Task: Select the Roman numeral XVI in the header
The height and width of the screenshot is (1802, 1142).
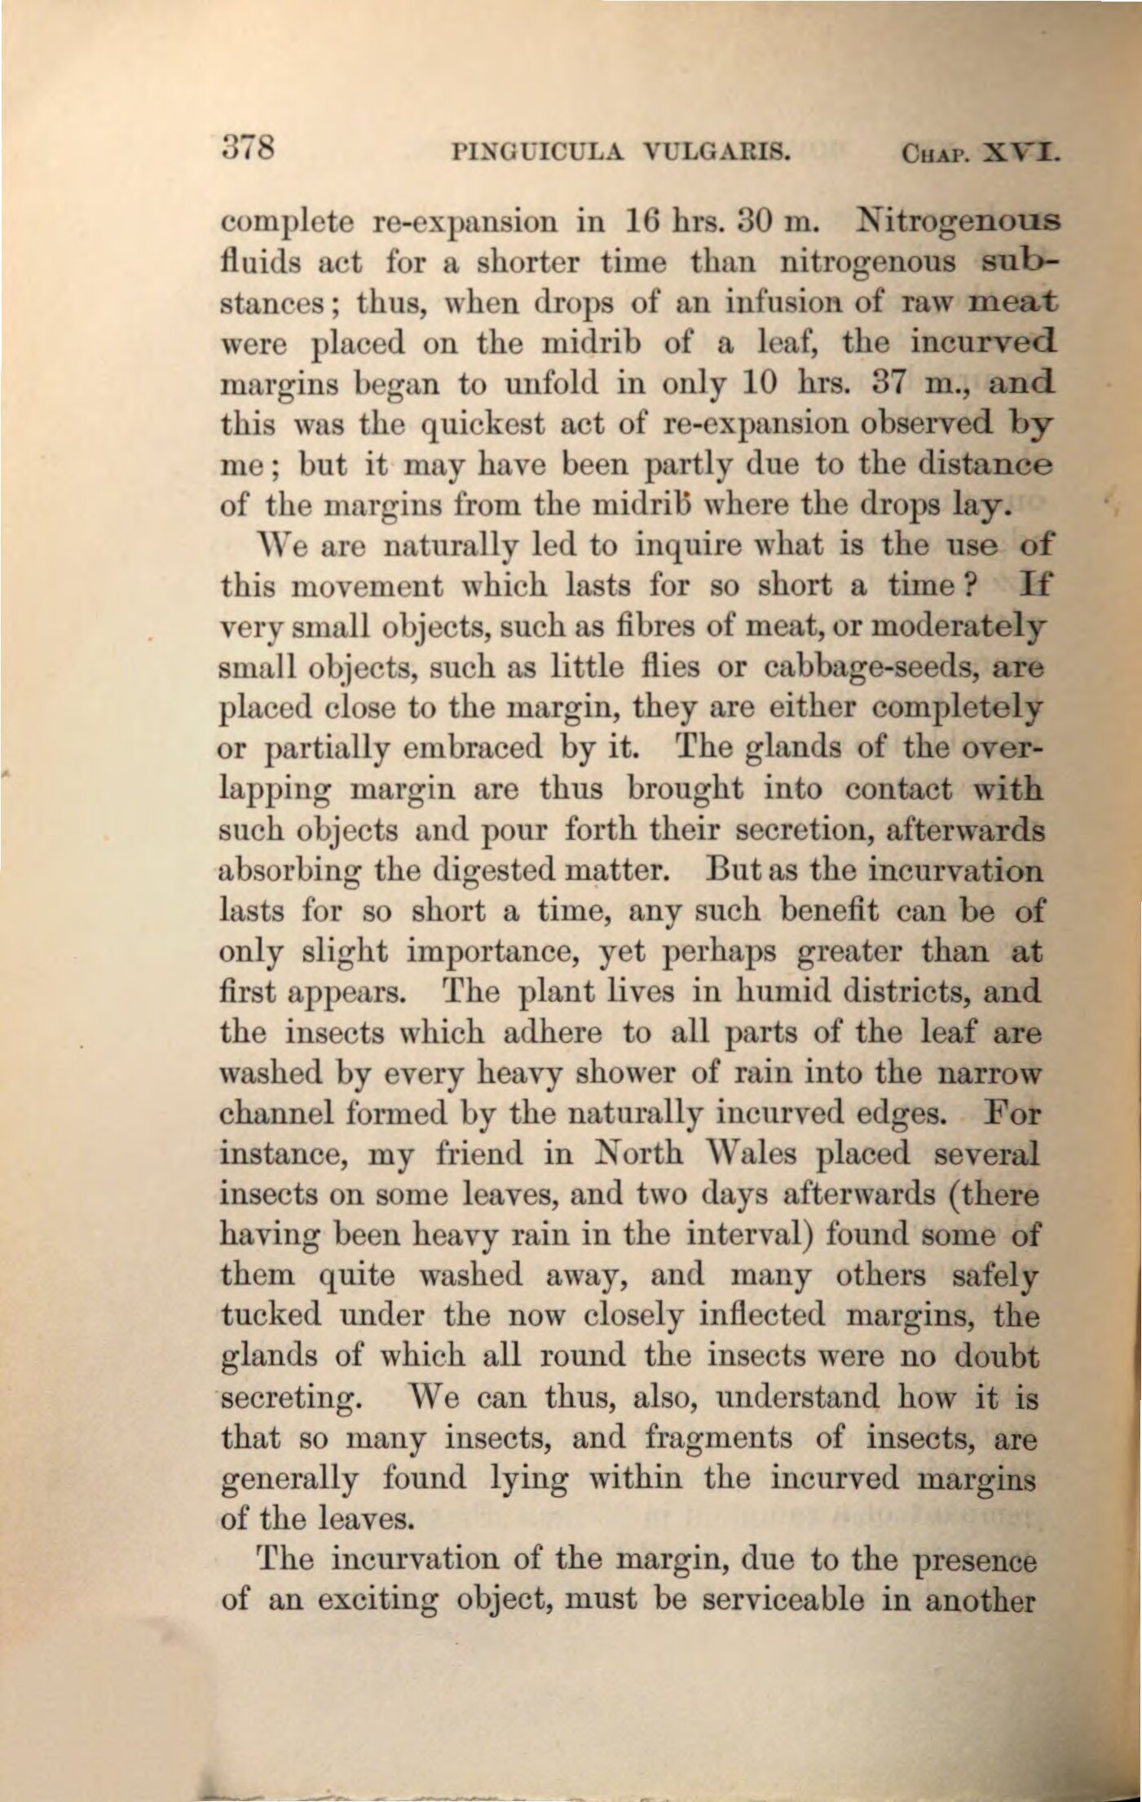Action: point(1022,152)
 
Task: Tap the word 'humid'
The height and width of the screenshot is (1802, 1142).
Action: point(769,992)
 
